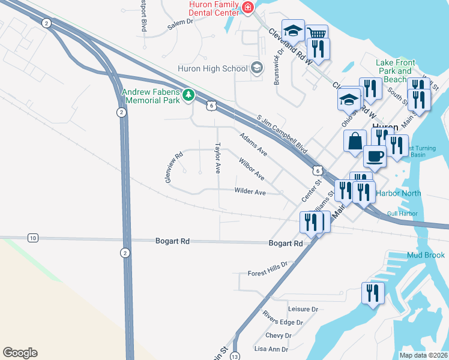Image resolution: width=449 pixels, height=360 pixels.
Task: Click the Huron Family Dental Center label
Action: [213, 8]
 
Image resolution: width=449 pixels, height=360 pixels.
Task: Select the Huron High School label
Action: [212, 68]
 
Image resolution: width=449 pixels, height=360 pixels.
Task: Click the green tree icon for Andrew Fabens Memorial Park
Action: [188, 95]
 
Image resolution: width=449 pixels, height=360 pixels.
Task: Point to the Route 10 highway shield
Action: [32, 238]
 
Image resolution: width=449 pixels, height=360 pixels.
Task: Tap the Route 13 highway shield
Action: [235, 356]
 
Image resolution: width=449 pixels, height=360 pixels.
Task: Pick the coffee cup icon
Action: [375, 157]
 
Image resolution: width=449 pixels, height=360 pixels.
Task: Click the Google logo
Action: [20, 353]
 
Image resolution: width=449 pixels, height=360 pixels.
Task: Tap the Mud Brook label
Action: [426, 255]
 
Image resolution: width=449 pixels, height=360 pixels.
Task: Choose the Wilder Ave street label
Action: [250, 192]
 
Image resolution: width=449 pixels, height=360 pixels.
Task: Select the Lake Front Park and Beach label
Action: [396, 71]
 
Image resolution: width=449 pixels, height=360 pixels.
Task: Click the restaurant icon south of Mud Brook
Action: [373, 293]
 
